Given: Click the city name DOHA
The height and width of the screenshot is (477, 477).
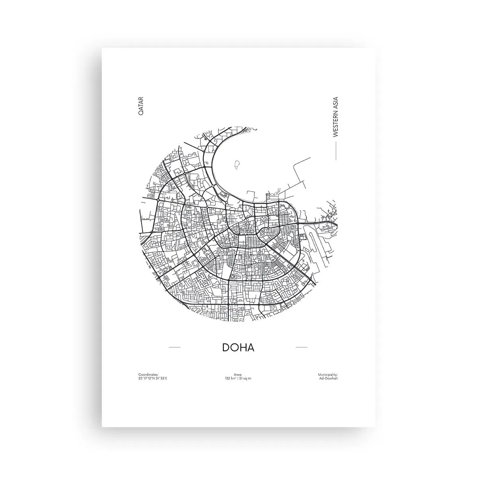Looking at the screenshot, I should [238, 347].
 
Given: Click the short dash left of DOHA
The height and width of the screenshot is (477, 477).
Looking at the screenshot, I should [175, 347].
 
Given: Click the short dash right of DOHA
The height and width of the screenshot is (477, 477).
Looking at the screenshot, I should [302, 347].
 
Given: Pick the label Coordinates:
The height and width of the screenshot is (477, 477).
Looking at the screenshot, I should [148, 374].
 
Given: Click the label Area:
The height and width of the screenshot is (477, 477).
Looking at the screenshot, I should [238, 374].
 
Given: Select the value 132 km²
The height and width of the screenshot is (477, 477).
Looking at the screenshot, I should [231, 378].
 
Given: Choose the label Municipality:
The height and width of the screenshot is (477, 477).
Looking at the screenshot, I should [328, 374].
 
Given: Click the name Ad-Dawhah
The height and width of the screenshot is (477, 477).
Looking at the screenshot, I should [328, 378].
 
